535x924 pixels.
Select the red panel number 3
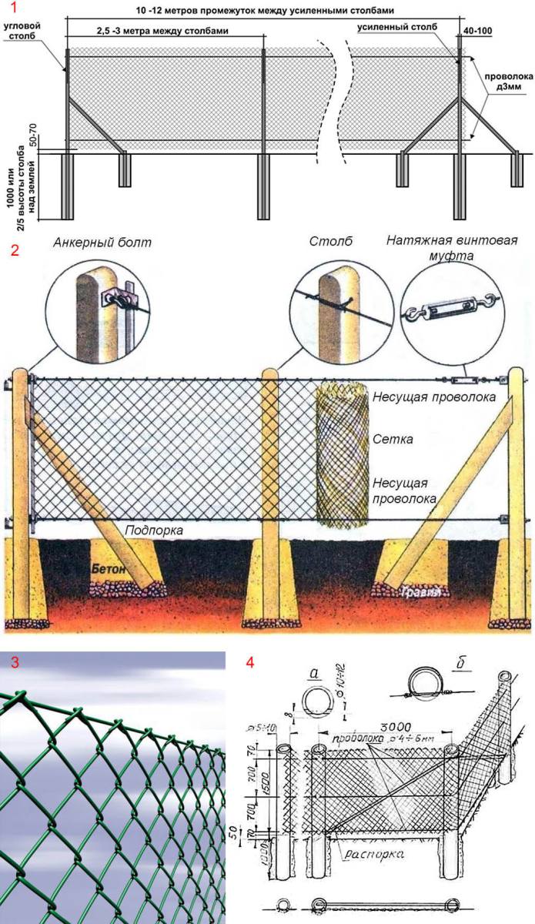tap(8, 661)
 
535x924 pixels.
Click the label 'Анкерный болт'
tap(102, 243)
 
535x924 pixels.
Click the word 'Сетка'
tap(393, 440)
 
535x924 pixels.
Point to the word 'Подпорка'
tap(152, 531)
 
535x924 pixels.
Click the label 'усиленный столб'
tap(397, 26)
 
